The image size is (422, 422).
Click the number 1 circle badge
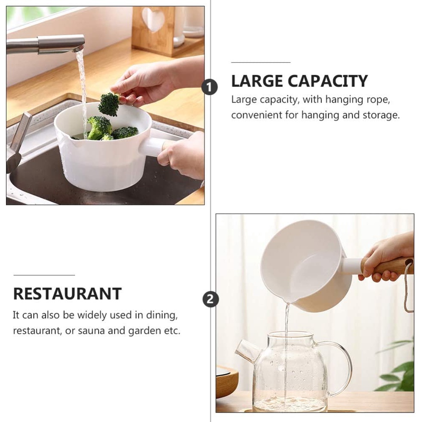click(209, 87)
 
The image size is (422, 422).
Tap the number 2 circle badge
click(210, 299)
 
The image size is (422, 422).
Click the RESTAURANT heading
click(68, 293)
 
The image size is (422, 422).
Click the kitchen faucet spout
click(60, 43)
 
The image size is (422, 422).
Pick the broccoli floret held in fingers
click(109, 104)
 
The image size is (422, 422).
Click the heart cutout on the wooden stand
click(153, 19)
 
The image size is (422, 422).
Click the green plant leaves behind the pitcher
click(398, 370)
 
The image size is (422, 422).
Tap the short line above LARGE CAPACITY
click(255, 62)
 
